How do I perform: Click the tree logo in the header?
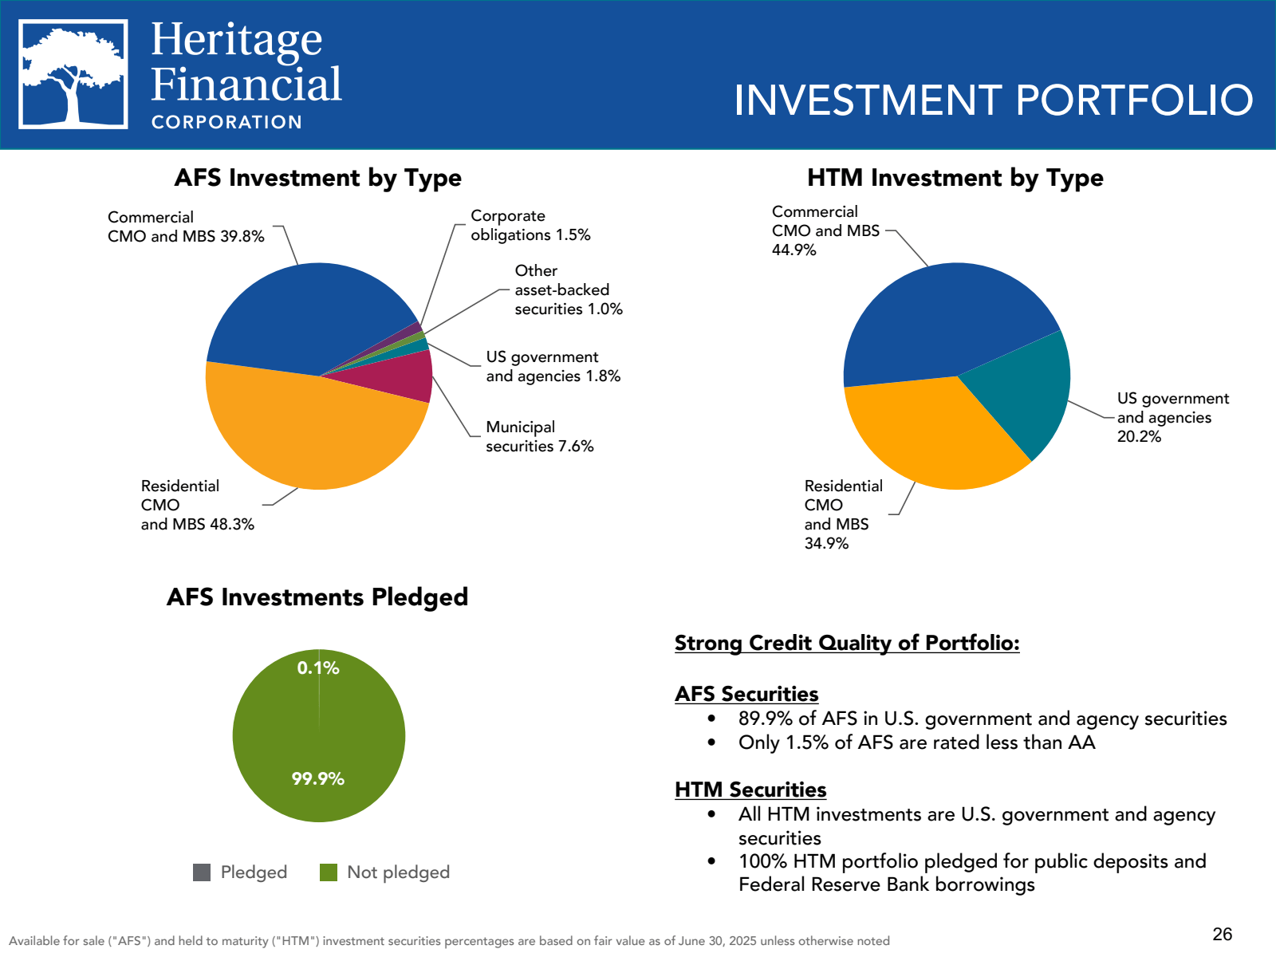[73, 74]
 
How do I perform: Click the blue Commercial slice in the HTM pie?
[941, 319]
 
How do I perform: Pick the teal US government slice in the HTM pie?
[1025, 391]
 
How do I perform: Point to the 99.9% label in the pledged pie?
[317, 778]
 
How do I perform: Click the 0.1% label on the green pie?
[318, 668]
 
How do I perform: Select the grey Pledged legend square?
[202, 872]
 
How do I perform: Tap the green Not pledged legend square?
[329, 872]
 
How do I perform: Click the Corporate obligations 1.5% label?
[530, 226]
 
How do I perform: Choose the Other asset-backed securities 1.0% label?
[568, 290]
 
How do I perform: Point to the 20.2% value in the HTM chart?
[1139, 436]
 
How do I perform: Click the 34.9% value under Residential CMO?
[826, 543]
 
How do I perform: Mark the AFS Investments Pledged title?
[317, 597]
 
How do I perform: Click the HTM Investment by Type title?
[955, 178]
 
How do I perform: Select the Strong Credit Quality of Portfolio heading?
[847, 643]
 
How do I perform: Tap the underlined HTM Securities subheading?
[750, 790]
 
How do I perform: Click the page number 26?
[1222, 934]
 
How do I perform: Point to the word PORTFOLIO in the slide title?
[1134, 100]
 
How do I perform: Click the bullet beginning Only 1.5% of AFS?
[916, 742]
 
